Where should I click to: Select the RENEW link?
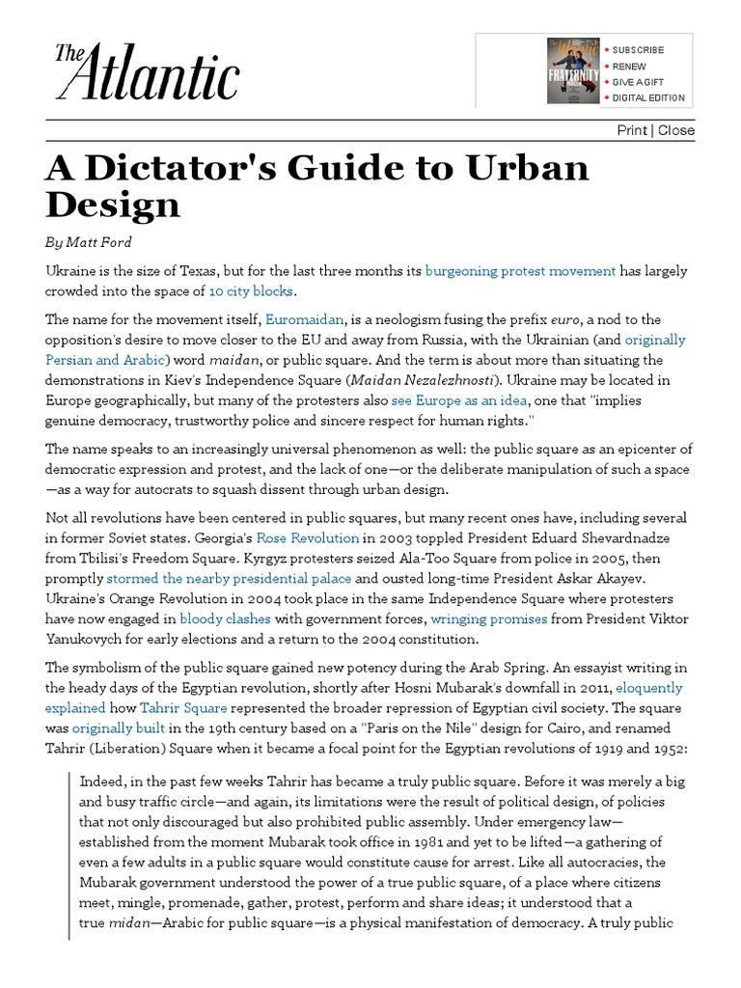627,67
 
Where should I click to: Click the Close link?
676,130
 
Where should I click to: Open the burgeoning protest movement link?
519,271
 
